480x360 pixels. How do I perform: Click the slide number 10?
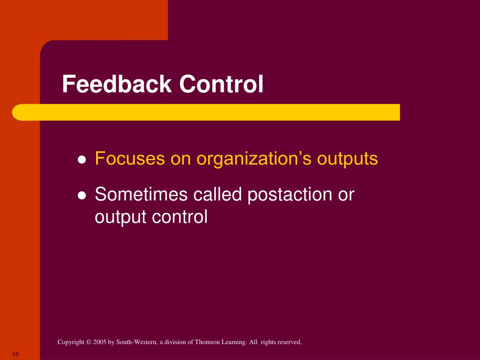(x=15, y=354)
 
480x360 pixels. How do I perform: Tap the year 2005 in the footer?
(x=100, y=343)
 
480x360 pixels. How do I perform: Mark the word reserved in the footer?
(x=289, y=343)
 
